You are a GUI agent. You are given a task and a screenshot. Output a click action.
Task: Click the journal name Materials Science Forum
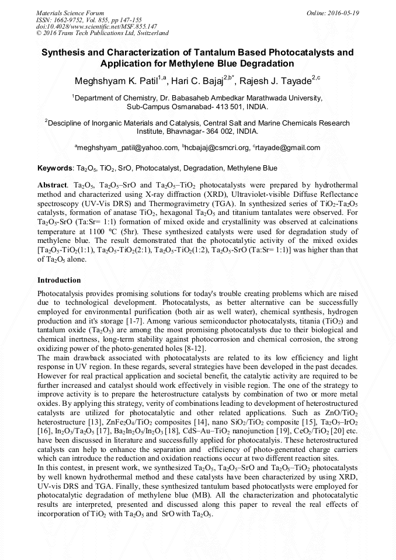pyautogui.click(x=70, y=12)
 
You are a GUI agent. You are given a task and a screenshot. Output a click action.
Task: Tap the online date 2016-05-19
pyautogui.click(x=342, y=12)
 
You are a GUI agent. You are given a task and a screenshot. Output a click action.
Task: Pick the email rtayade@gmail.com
pyautogui.click(x=289, y=148)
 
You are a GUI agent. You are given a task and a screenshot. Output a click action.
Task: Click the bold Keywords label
pyautogui.click(x=54, y=168)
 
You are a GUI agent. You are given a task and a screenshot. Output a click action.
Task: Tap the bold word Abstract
pyautogui.click(x=52, y=184)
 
